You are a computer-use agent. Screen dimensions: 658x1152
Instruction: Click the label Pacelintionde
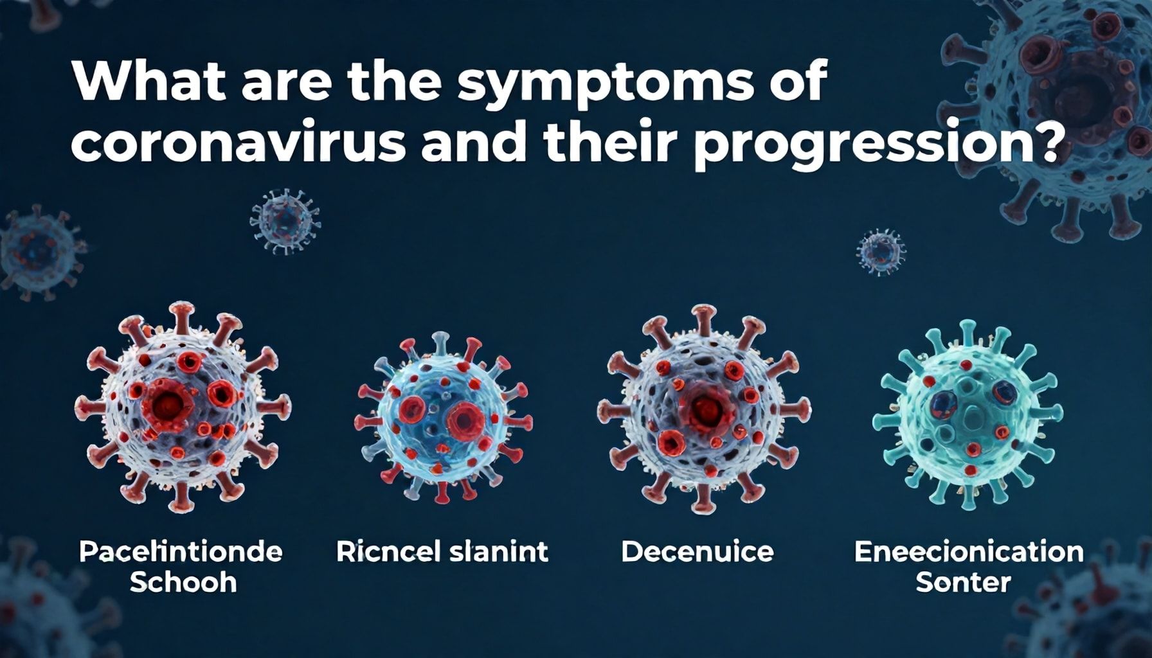tap(181, 552)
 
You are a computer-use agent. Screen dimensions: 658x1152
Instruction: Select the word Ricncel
tap(384, 552)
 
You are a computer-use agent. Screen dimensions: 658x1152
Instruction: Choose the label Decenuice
tap(697, 552)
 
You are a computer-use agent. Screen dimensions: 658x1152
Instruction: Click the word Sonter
tap(962, 583)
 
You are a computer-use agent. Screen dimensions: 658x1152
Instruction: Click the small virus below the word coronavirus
tap(285, 218)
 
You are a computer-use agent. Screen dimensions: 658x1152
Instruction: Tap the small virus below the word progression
tap(881, 251)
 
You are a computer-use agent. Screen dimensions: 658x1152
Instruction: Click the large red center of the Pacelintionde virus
tap(168, 404)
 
